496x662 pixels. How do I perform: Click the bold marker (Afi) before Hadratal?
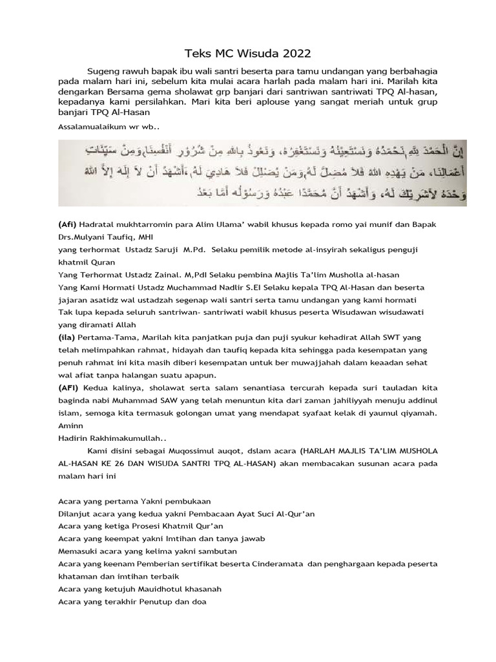[x=68, y=224]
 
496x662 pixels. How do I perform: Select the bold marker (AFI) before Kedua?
[x=68, y=388]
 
